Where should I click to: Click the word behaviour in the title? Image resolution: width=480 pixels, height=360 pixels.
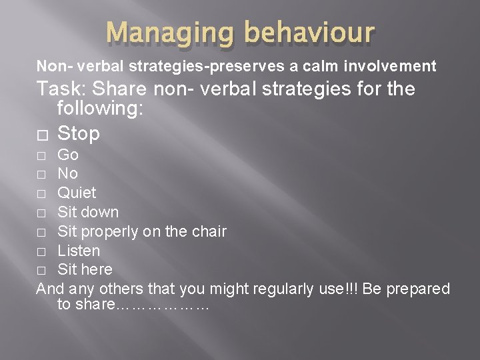click(x=311, y=33)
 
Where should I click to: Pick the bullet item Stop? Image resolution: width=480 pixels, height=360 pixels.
click(x=79, y=133)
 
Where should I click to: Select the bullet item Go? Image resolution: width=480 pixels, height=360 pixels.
click(x=68, y=155)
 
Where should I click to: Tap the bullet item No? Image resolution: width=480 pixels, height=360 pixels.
click(x=67, y=174)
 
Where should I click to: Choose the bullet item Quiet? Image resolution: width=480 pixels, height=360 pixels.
click(x=77, y=193)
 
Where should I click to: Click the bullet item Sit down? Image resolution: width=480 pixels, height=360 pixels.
click(x=88, y=212)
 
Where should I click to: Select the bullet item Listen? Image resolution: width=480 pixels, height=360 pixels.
click(x=79, y=251)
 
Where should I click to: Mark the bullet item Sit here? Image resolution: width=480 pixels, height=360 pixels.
click(x=85, y=269)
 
